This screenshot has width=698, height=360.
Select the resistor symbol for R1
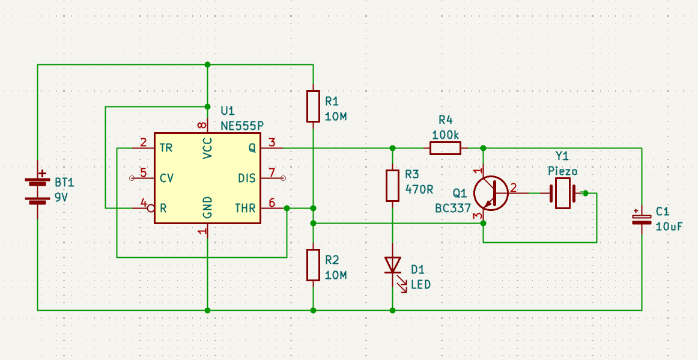tap(313, 106)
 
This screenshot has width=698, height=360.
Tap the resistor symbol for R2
tap(313, 265)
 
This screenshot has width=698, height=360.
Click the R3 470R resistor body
tap(392, 186)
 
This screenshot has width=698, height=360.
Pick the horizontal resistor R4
tap(445, 148)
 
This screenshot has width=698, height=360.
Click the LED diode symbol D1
tap(392, 264)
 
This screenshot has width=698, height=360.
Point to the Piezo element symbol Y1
tap(563, 194)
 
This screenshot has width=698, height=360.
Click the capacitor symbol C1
tap(642, 218)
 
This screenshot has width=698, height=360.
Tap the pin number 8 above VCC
tap(202, 126)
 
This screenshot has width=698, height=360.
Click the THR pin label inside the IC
tap(245, 209)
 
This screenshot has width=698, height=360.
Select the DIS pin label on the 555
tap(247, 178)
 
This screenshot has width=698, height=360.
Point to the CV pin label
tap(167, 178)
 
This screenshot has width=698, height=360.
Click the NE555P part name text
tap(241, 126)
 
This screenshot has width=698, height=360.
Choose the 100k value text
tap(445, 135)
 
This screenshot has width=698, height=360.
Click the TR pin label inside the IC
tap(166, 147)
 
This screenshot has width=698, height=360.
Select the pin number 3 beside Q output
tap(272, 142)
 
